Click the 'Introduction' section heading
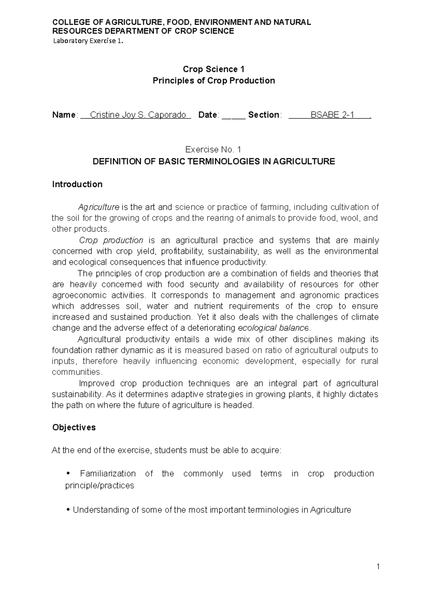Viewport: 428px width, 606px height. click(77, 184)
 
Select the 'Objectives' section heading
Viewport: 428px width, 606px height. click(74, 428)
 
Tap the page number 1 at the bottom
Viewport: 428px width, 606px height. click(378, 566)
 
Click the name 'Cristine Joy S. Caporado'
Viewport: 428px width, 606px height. click(138, 115)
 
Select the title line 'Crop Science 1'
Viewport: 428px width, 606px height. click(214, 69)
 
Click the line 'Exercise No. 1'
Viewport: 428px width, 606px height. click(214, 150)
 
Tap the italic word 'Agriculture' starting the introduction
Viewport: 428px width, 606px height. click(99, 207)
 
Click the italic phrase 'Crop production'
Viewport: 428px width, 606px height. click(111, 240)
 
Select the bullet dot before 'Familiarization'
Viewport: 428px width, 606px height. click(68, 474)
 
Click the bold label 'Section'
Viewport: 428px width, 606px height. click(264, 115)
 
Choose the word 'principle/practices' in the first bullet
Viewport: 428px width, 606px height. click(100, 486)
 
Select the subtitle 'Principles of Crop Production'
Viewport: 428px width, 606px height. click(214, 81)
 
